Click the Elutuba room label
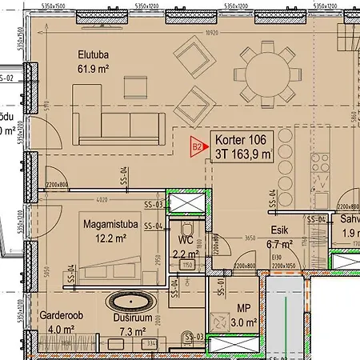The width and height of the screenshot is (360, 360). click(x=93, y=55)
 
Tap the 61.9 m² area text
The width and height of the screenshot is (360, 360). click(x=93, y=70)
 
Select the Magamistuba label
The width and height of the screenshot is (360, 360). click(x=112, y=225)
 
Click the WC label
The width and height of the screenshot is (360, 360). click(x=186, y=239)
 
